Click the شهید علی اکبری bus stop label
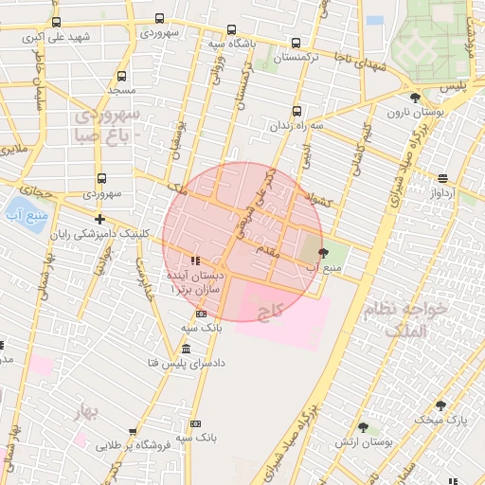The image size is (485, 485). [59, 37]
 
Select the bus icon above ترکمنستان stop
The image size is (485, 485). [296, 43]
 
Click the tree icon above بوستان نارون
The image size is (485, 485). [414, 98]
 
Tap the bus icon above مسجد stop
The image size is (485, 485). [121, 75]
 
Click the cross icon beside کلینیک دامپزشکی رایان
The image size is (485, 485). [100, 219]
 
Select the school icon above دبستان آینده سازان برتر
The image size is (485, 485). [194, 260]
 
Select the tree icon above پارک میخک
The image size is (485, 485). [440, 405]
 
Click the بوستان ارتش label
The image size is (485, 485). [363, 442]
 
